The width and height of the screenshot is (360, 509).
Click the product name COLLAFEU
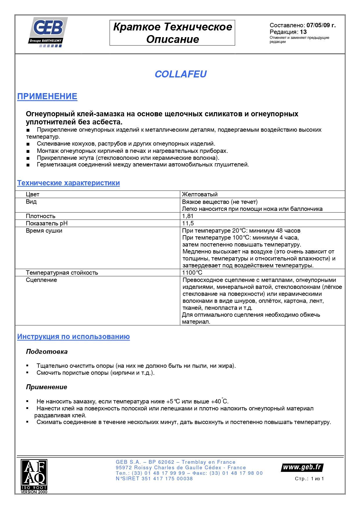[x=181, y=74]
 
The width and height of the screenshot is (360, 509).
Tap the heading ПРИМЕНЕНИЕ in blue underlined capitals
[x=47, y=96]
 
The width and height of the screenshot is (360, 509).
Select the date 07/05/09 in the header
[x=318, y=25]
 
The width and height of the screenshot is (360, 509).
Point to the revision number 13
[x=303, y=32]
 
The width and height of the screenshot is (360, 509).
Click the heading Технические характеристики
[x=68, y=183]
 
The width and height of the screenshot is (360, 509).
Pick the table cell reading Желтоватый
[x=200, y=194]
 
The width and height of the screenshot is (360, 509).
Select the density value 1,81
[x=188, y=216]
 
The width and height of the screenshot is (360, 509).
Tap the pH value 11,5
[x=188, y=223]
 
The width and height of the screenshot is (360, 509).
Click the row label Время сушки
[x=44, y=231]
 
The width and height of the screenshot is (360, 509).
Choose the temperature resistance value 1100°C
[x=192, y=273]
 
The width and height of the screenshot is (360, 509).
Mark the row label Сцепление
[x=41, y=280]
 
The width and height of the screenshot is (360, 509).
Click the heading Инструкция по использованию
[x=73, y=337]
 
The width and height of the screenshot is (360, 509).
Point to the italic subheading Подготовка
[x=47, y=352]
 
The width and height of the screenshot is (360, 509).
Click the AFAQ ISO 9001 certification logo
[x=34, y=476]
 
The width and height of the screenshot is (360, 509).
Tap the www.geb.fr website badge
[x=302, y=467]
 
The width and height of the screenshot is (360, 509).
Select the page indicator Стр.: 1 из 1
[x=309, y=479]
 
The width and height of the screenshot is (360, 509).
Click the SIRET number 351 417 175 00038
[x=167, y=479]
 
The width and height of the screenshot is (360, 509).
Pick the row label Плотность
[x=40, y=216]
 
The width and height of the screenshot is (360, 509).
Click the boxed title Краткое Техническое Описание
[x=172, y=33]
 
